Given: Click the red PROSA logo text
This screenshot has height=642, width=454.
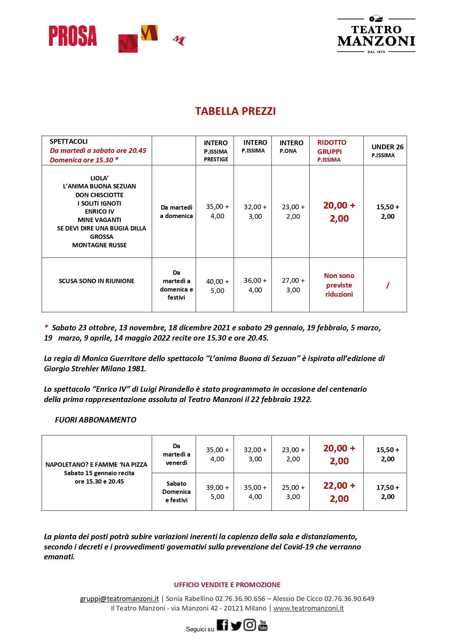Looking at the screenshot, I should (x=73, y=36).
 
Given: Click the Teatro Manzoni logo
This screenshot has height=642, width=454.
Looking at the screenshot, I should (x=376, y=36).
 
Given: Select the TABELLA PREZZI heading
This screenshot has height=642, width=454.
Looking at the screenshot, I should (x=235, y=111).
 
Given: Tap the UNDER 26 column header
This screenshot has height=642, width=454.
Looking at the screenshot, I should (x=387, y=150).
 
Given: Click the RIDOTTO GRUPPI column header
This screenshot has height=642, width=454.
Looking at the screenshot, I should (x=331, y=150).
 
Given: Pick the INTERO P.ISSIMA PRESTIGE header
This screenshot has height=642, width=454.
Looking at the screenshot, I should (x=216, y=150).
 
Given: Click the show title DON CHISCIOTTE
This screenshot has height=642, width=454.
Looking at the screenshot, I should (x=99, y=195).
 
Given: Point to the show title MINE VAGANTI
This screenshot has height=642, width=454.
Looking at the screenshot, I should (x=99, y=220).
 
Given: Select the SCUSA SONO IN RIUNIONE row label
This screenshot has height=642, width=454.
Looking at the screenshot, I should (x=97, y=281).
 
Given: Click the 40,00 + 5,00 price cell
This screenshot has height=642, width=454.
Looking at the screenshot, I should (x=217, y=286).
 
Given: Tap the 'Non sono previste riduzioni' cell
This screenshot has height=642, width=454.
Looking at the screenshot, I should (x=339, y=285).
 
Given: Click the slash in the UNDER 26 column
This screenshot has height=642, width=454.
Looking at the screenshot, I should (x=387, y=285).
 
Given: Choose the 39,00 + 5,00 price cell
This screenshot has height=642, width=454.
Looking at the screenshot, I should (x=217, y=492).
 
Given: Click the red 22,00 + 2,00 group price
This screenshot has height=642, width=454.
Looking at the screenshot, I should (x=339, y=492).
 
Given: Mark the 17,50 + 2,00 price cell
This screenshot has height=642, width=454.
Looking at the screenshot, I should (x=387, y=492).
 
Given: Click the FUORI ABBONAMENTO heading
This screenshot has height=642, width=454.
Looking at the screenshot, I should (x=96, y=420).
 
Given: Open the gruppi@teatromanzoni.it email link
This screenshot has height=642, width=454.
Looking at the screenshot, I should (x=119, y=599).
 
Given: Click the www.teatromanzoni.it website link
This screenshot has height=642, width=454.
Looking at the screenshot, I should (x=308, y=608).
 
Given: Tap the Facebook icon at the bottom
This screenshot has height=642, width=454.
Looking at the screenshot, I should (x=222, y=625).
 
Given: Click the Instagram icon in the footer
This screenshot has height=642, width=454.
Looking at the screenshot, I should (x=250, y=625).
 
